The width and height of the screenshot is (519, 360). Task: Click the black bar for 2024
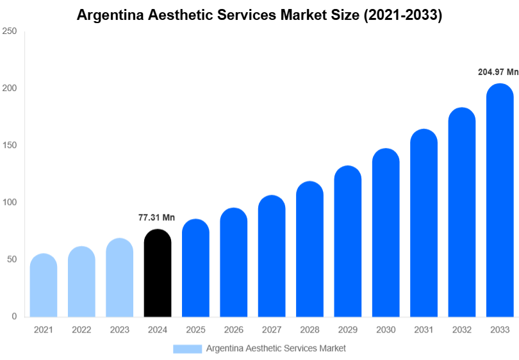tap(158, 274)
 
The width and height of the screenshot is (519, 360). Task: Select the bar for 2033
tap(500, 201)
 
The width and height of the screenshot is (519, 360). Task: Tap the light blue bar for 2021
tap(44, 286)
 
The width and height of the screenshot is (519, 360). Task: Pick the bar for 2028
tap(309, 250)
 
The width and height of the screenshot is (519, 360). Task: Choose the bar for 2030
tap(386, 233)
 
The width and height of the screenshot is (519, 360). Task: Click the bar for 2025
tap(195, 268)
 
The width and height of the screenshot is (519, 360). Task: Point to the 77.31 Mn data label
tap(156, 218)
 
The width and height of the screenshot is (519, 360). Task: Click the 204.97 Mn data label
tap(498, 72)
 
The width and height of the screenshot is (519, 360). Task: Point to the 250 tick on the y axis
tap(9, 31)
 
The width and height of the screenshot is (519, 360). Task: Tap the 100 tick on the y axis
tap(9, 202)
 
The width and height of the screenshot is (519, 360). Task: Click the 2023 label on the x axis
tap(119, 330)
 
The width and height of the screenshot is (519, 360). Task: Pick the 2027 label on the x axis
tap(272, 330)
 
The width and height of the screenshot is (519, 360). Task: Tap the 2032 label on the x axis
tap(461, 330)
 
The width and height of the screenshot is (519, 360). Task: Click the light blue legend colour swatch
tap(187, 348)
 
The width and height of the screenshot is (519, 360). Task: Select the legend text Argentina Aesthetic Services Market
tap(276, 348)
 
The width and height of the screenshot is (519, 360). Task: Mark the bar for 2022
tap(81, 282)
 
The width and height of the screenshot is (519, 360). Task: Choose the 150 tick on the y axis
tap(9, 145)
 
